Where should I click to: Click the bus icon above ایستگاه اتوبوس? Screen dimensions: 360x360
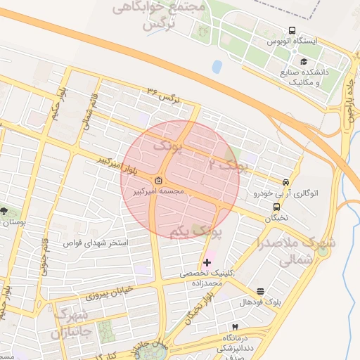pos(292,31)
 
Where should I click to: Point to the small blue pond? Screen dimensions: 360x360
pos(217,67)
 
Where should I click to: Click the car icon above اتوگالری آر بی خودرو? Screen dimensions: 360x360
pos(285,181)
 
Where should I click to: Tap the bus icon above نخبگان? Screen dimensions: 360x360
pos(276,207)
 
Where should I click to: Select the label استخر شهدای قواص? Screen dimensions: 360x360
pos(96,243)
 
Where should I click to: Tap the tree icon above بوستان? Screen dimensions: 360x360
pos(5,210)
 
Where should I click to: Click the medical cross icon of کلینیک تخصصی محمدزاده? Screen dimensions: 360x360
pos(206,262)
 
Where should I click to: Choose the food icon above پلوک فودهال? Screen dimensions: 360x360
pos(261,291)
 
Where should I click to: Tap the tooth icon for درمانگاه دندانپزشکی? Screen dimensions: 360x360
pos(235,328)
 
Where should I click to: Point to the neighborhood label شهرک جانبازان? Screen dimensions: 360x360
pos(70,323)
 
